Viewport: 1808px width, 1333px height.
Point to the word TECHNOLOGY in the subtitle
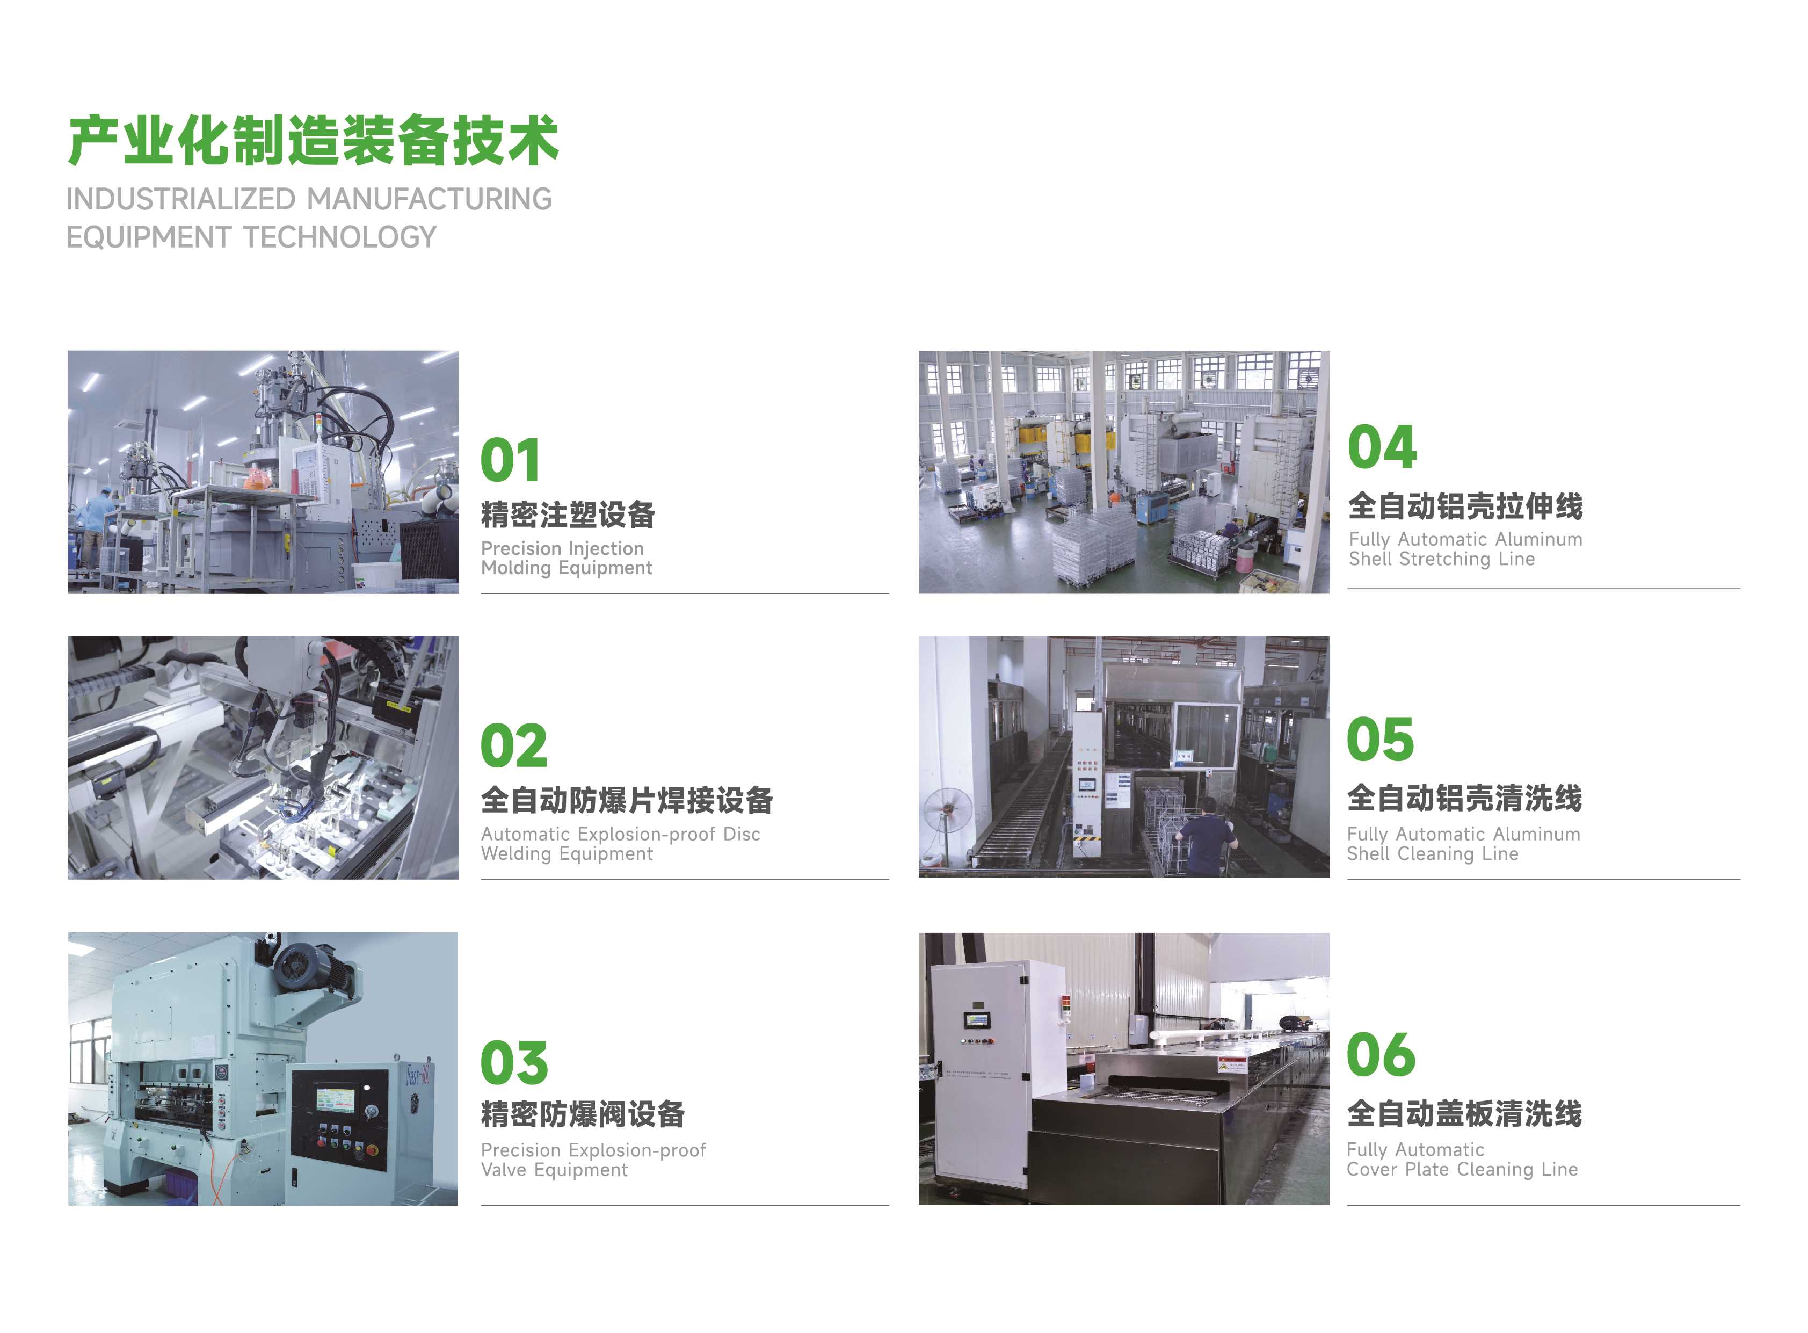pos(340,237)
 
